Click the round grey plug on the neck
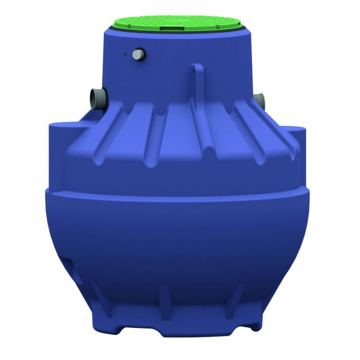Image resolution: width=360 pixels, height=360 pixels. pyautogui.click(x=139, y=55)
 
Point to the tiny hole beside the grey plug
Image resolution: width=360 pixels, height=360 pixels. pyautogui.click(x=125, y=52)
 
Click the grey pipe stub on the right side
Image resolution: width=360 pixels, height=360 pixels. pyautogui.click(x=260, y=98)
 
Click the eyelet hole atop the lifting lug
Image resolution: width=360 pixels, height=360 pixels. pyautogui.click(x=196, y=66)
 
